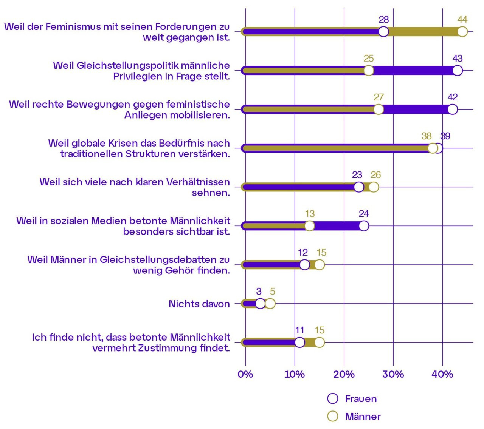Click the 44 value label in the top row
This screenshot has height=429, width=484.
tap(462, 20)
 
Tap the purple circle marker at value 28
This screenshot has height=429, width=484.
tap(383, 32)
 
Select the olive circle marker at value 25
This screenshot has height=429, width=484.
tap(368, 71)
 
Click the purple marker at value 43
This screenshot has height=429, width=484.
tap(458, 71)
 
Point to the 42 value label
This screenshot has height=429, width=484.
tap(452, 97)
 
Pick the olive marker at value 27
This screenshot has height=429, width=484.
tap(378, 110)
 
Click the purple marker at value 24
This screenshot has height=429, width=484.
tap(364, 226)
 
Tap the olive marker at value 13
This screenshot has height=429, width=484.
tap(309, 226)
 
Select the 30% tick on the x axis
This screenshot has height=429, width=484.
tap(393, 374)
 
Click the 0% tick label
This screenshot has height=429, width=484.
tap(245, 374)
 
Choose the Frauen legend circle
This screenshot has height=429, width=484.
tap(333, 398)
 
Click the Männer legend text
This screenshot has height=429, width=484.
tap(363, 417)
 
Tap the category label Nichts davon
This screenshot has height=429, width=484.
tap(199, 304)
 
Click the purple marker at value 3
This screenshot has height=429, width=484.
tap(260, 304)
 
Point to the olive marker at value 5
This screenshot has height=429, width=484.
tap(270, 304)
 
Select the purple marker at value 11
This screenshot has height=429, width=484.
tap(299, 343)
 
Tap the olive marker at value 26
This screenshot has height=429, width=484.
tap(374, 187)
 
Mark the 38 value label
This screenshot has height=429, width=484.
tap(426, 136)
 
